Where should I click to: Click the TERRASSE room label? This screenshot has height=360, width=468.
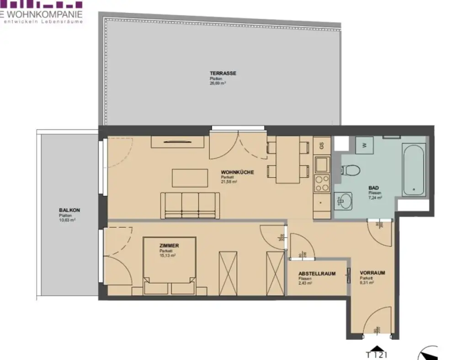223,73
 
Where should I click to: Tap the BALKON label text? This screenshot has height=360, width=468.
69,210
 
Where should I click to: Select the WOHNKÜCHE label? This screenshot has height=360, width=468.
237,172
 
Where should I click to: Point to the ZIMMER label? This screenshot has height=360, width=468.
169,246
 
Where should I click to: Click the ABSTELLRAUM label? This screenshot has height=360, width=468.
317,274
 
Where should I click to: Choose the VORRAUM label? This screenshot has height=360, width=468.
372,273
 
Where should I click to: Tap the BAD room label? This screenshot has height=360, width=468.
374,188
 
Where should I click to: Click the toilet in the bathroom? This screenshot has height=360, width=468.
350,171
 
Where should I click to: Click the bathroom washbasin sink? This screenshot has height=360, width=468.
344,200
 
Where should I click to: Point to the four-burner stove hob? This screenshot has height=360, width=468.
322,183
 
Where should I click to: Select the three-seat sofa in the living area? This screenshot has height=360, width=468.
190,205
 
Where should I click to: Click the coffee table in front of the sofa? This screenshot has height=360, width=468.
190,178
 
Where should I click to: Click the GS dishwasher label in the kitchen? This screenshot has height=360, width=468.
322,146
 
